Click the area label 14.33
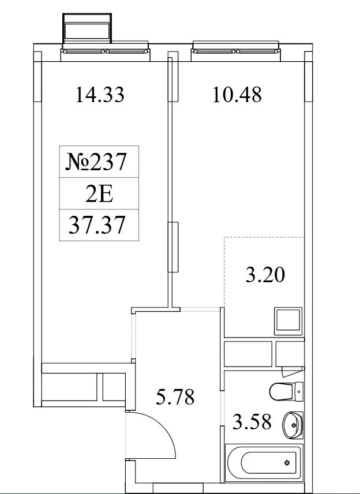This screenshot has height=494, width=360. click(x=100, y=95)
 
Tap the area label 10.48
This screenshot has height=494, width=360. click(x=237, y=95)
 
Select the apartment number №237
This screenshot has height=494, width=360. click(x=96, y=162)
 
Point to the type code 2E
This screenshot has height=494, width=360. click(x=99, y=195)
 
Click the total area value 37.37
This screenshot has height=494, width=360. click(x=97, y=225)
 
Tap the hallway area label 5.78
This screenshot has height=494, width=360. click(x=175, y=396)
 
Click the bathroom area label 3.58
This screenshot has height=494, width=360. click(x=252, y=422)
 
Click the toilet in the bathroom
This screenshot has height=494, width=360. click(x=286, y=392)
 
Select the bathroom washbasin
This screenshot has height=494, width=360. click(x=292, y=425)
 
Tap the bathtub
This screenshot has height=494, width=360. click(x=264, y=463)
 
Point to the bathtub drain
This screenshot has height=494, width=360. click(x=287, y=463)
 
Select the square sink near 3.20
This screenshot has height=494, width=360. click(x=288, y=321)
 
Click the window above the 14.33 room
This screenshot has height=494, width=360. click(x=106, y=51)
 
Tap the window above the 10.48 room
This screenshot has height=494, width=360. click(x=236, y=51)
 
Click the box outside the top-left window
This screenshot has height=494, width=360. click(x=87, y=28)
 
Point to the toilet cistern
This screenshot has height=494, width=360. click(x=299, y=392)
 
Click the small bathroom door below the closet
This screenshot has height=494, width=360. click(x=292, y=372)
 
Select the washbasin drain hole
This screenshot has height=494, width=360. click(x=294, y=425)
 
